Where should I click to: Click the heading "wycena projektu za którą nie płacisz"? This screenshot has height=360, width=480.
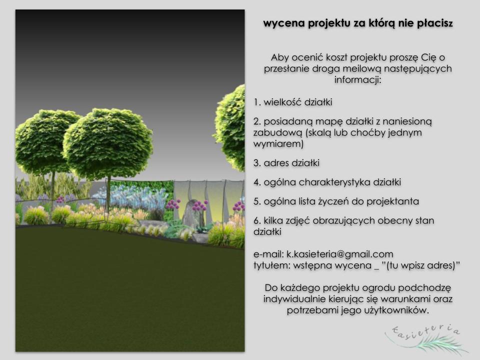(358, 23)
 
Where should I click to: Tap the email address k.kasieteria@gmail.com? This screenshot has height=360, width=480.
(340, 254)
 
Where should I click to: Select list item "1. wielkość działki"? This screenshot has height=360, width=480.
(292, 102)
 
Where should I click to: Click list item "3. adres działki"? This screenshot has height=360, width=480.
(286, 163)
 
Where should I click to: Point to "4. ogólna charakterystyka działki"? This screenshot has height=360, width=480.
(327, 182)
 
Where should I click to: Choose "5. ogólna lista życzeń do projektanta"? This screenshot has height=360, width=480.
(336, 201)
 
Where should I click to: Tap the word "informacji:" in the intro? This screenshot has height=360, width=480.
(357, 80)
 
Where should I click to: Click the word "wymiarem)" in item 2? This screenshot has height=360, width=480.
(278, 143)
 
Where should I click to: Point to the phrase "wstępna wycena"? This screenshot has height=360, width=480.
(332, 265)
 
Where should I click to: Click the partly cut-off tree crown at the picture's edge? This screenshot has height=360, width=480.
(230, 127)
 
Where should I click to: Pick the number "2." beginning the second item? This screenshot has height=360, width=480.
(257, 121)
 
